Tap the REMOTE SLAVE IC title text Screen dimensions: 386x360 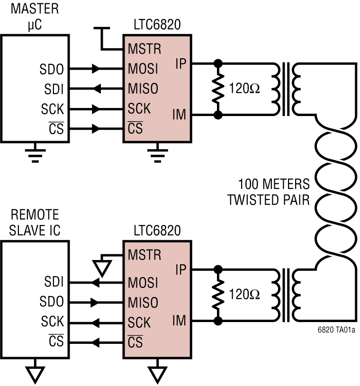click(x=36, y=222)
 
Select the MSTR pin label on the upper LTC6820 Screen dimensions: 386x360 click(x=144, y=49)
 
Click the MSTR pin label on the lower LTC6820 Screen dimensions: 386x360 click(x=144, y=254)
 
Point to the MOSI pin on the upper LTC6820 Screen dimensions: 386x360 click(x=143, y=69)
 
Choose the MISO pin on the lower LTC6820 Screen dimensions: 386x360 click(x=143, y=303)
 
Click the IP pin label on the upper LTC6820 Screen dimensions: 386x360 click(x=180, y=63)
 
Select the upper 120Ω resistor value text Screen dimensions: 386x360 click(x=244, y=89)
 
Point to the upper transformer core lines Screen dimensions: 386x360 click(x=286, y=89)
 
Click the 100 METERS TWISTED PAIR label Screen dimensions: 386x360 click(x=269, y=192)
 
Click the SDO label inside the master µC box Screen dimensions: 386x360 click(x=52, y=69)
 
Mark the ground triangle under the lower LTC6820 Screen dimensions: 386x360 click(x=157, y=374)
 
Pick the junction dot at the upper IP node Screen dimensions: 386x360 click(x=218, y=63)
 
